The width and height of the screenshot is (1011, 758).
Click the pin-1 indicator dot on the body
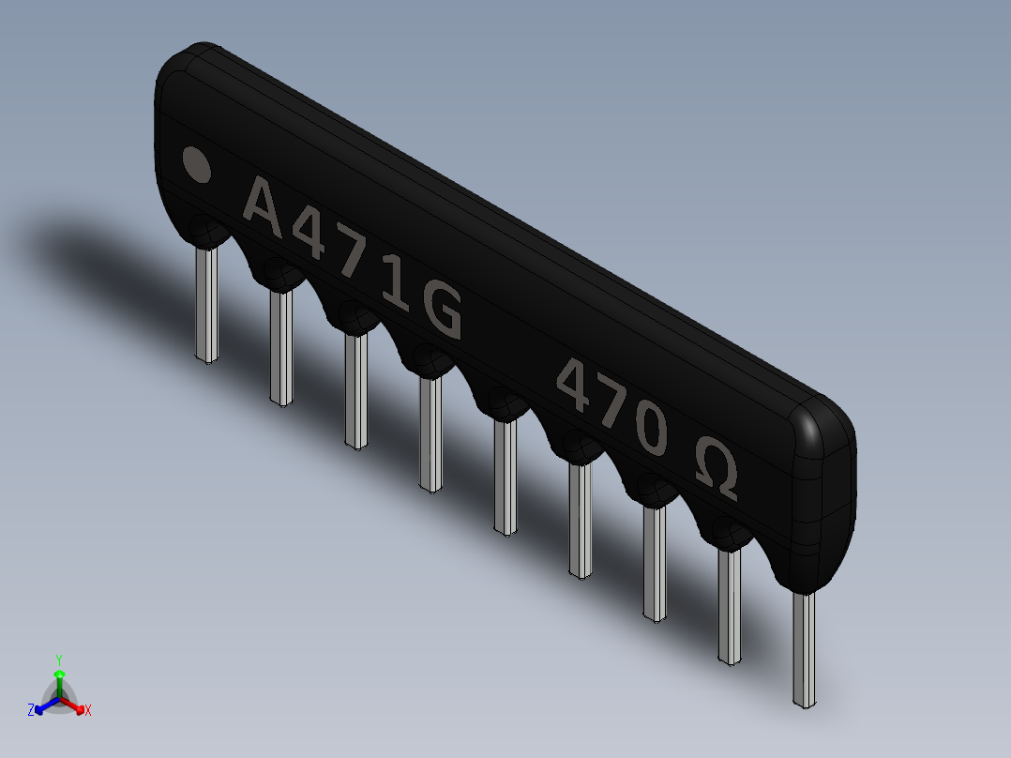tap(196, 164)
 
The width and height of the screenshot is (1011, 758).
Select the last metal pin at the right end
tap(804, 649)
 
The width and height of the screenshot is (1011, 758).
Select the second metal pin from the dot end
tap(281, 346)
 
